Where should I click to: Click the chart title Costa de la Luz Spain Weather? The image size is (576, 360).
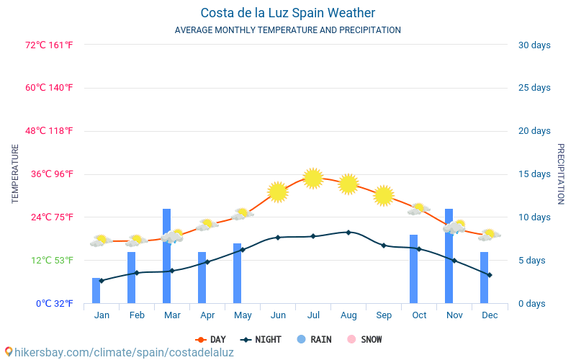[x=287, y=13]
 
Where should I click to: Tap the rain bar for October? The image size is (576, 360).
[x=413, y=269]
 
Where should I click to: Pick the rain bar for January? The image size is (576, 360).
[x=96, y=290]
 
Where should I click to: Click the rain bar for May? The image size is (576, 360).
[x=237, y=274]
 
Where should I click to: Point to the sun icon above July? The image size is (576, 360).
[x=312, y=178]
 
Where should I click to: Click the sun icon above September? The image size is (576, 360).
[x=384, y=195]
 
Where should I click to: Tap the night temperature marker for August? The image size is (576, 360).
[x=348, y=233]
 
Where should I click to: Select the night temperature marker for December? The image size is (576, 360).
[x=490, y=275]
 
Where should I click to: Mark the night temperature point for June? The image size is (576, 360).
[x=278, y=237]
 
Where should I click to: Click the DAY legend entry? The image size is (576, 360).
[x=210, y=339]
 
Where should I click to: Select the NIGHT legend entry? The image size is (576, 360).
[x=261, y=339]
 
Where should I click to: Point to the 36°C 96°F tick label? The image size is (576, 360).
[x=50, y=174]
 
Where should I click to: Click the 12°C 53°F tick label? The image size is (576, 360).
[x=50, y=261]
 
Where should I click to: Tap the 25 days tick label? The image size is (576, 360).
[x=534, y=88]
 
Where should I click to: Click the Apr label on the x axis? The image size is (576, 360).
[x=207, y=315]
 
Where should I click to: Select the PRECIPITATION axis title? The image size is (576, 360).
[x=560, y=174]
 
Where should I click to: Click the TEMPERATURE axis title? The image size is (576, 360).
[x=15, y=174]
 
